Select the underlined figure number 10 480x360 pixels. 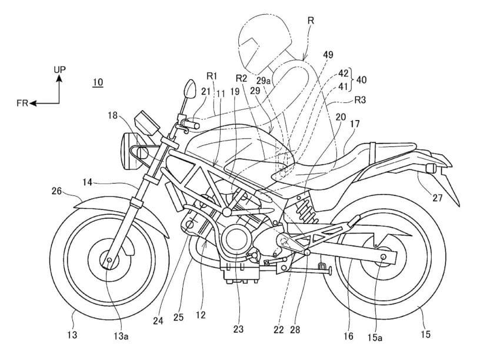98,82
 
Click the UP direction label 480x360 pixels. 59,69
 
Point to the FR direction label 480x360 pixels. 22,102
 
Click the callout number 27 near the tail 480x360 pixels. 437,198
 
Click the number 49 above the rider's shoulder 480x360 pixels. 328,55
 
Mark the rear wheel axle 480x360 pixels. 383,256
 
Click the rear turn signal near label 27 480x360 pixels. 429,169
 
